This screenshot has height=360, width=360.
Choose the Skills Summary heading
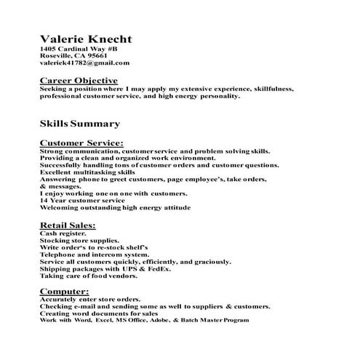(79, 124)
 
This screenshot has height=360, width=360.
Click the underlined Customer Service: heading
(81, 143)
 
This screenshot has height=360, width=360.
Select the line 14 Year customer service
(80, 201)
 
